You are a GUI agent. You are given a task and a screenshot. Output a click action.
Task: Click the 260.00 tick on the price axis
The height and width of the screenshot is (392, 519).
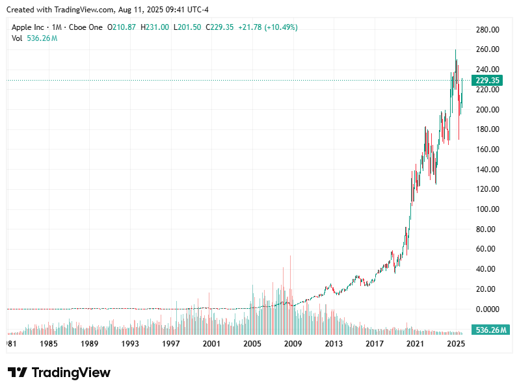click(486, 49)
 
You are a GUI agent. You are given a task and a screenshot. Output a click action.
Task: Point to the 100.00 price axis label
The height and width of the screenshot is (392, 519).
click(486, 209)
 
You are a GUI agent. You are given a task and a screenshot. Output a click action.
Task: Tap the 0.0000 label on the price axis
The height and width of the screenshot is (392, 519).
click(486, 309)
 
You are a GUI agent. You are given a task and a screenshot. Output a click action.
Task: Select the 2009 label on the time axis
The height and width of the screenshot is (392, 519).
click(293, 343)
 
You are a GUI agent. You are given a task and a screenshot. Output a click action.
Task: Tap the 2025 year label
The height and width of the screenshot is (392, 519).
click(456, 343)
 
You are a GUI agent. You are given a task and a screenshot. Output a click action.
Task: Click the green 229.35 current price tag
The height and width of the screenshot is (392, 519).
click(487, 81)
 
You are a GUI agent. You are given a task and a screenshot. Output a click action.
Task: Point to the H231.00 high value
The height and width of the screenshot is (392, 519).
click(155, 27)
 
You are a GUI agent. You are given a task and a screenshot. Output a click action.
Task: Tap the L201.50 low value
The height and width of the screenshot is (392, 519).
click(187, 27)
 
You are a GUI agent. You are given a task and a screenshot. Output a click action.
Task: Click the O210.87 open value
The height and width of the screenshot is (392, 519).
click(122, 27)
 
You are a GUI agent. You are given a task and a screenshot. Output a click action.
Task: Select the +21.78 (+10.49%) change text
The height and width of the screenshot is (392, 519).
click(268, 27)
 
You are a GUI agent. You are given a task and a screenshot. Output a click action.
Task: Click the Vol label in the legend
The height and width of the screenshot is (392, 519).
click(18, 38)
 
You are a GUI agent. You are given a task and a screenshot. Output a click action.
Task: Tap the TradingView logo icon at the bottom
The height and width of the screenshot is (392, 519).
click(18, 372)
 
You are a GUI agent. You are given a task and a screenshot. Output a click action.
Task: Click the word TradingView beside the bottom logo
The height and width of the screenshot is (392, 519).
click(71, 372)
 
